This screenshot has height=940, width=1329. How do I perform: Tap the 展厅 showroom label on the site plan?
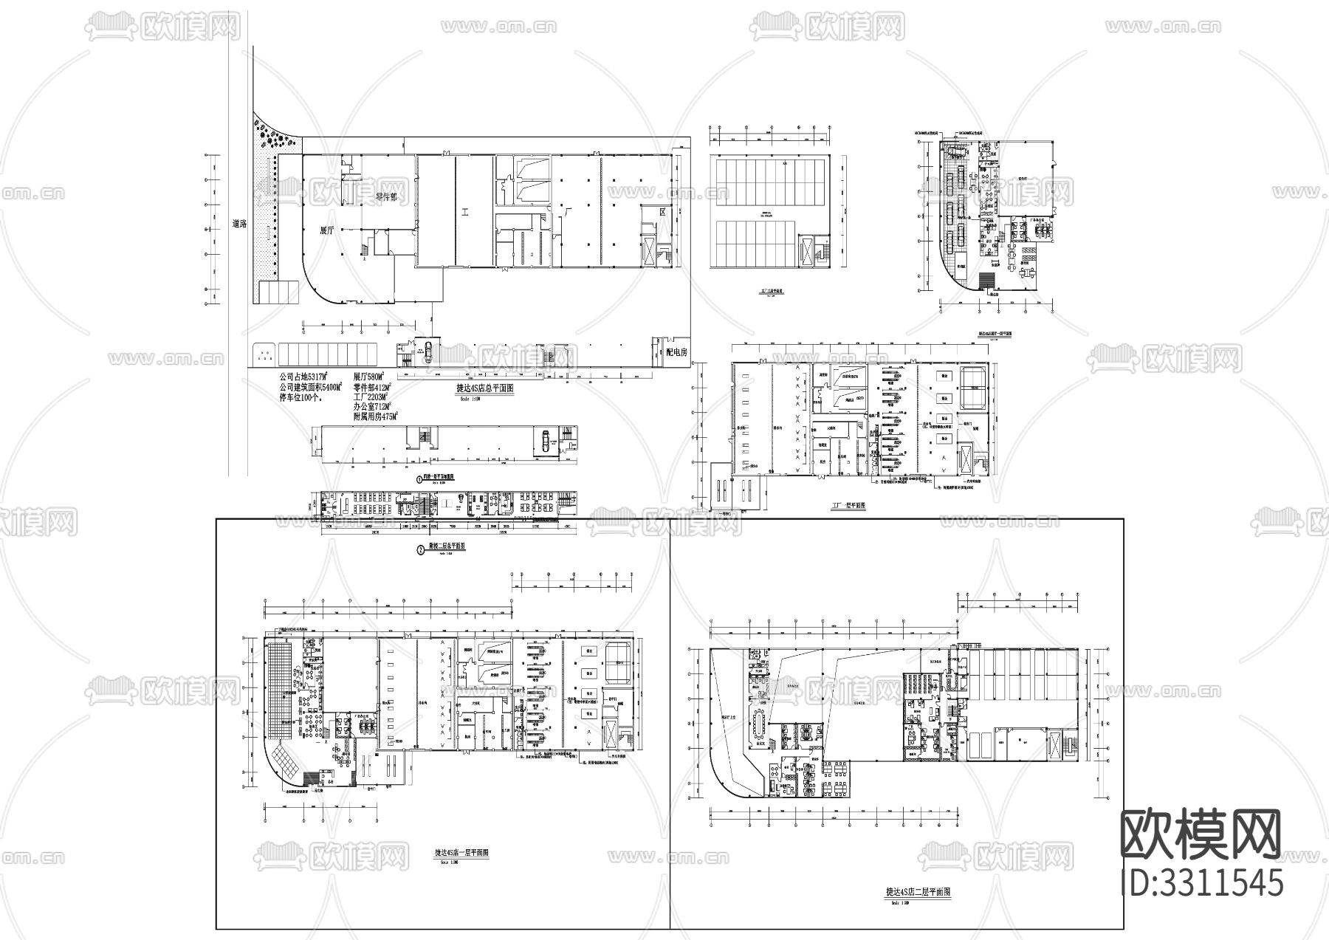pyautogui.click(x=327, y=230)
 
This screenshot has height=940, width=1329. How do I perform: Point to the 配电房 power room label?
pyautogui.click(x=676, y=353)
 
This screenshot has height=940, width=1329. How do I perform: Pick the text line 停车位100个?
pyautogui.click(x=304, y=397)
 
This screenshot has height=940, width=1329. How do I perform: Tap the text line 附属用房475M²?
pyautogui.click(x=376, y=417)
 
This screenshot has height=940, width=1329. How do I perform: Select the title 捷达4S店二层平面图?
pyautogui.click(x=918, y=892)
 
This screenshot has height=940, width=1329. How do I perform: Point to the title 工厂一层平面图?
pyautogui.click(x=848, y=507)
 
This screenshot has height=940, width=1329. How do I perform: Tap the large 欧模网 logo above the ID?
pyautogui.click(x=1202, y=835)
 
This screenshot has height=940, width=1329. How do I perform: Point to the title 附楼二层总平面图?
pyautogui.click(x=447, y=547)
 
